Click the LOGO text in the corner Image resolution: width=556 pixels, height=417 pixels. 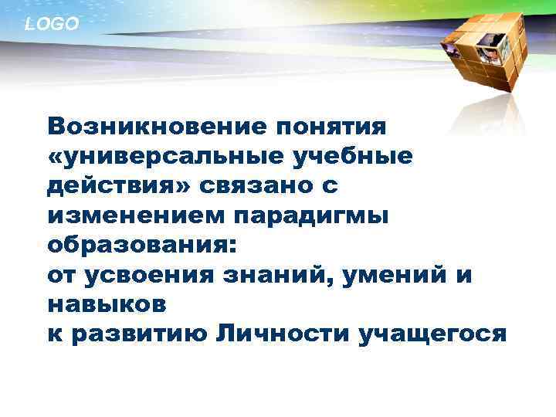(x=52, y=25)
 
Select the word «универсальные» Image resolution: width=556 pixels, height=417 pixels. (x=170, y=155)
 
